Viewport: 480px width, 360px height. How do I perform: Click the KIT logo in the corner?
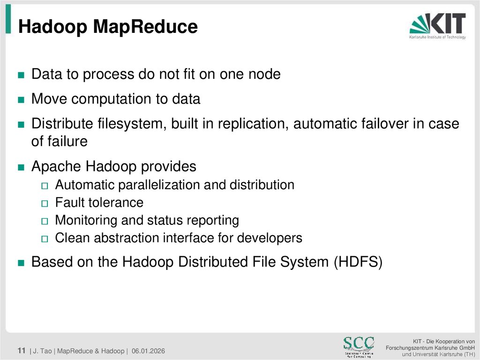[x=437, y=26]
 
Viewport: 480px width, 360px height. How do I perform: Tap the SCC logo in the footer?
[x=359, y=346]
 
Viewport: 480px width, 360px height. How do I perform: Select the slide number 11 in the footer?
[x=21, y=351]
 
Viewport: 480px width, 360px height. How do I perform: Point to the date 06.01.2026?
[x=148, y=351]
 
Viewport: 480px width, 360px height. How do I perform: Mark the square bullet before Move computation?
[x=21, y=100]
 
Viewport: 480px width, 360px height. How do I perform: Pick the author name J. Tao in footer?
[x=43, y=351]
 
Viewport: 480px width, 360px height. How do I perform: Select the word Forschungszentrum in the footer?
[x=411, y=347]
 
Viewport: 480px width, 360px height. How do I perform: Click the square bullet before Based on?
[x=21, y=263]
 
